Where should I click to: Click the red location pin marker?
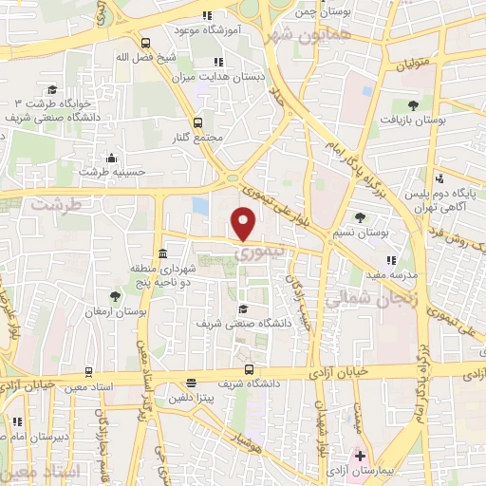point(244,224)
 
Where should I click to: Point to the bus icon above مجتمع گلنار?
point(197,122)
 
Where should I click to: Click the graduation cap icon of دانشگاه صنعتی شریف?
point(243,308)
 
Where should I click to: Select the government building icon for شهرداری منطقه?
point(163,254)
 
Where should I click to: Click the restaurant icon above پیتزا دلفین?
point(191,383)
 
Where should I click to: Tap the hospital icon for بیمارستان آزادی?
point(359,455)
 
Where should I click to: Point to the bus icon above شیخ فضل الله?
point(145,43)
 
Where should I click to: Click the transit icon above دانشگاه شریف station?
point(249,369)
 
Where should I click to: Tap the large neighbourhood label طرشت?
point(51,204)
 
